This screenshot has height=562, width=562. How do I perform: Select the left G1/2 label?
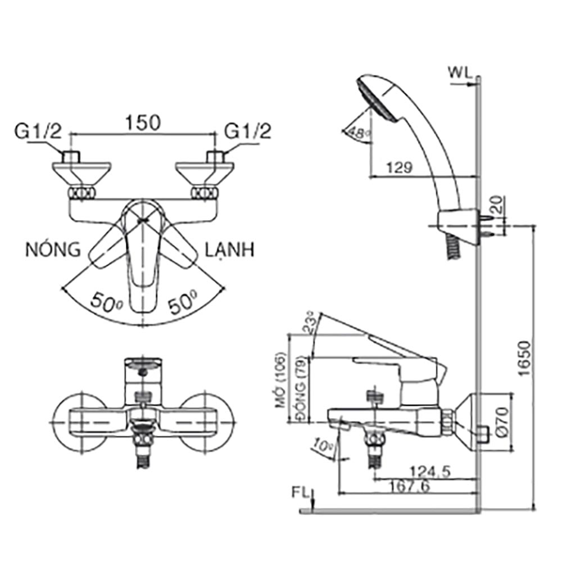point(38,132)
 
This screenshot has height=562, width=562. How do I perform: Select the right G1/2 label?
point(248,132)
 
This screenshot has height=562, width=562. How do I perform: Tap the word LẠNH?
point(229,249)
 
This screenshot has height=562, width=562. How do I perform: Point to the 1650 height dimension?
point(524,360)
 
